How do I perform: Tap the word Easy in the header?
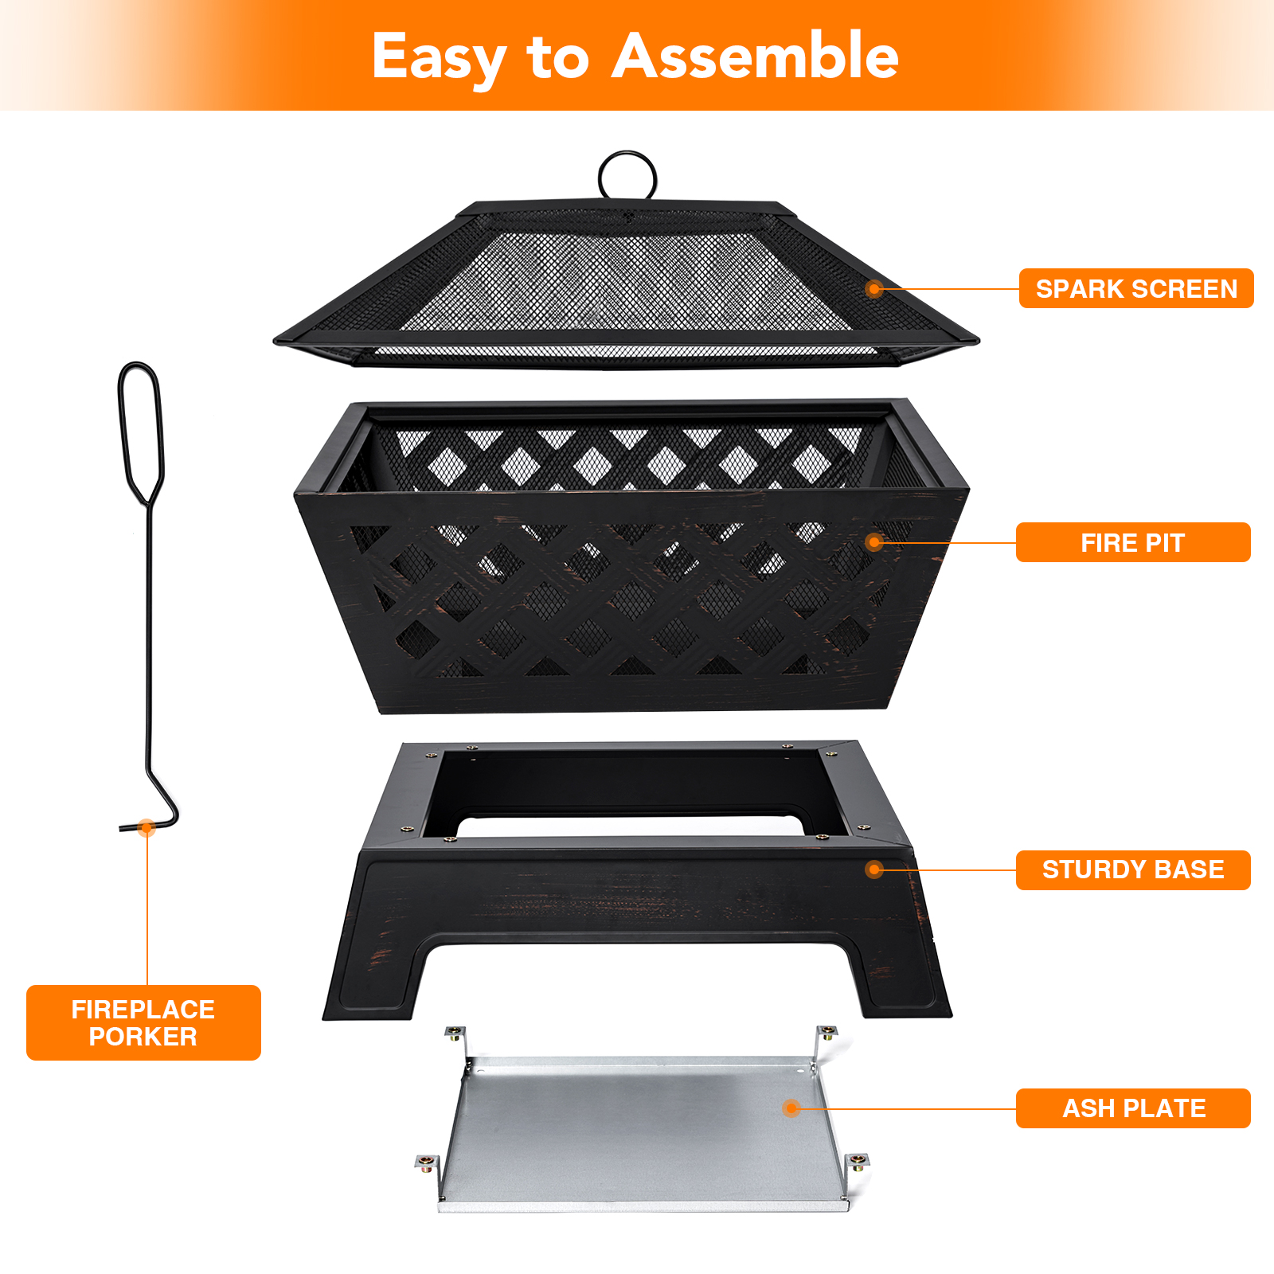point(438,59)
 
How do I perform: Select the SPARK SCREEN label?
point(1136,288)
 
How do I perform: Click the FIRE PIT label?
point(1133,542)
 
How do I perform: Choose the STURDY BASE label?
point(1133,870)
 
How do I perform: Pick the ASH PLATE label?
point(1133,1108)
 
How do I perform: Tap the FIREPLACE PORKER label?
point(143,1022)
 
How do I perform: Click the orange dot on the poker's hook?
point(146,827)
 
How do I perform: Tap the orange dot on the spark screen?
point(874,288)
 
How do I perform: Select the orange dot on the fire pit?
point(874,542)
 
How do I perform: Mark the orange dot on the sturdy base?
point(874,870)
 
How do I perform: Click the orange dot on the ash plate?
point(791,1108)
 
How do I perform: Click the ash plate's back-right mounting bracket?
point(826,1039)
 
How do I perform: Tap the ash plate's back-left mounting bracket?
point(455,1040)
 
